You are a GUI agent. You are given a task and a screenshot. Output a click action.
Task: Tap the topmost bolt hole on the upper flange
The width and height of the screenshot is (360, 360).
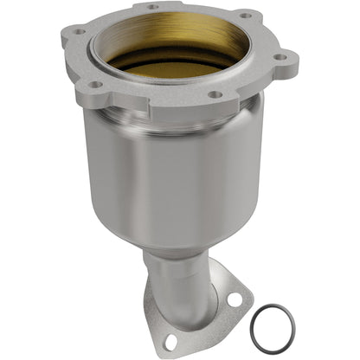click(x=153, y=7)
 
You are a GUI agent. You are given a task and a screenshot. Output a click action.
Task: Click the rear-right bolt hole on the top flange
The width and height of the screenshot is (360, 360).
click(x=245, y=15)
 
